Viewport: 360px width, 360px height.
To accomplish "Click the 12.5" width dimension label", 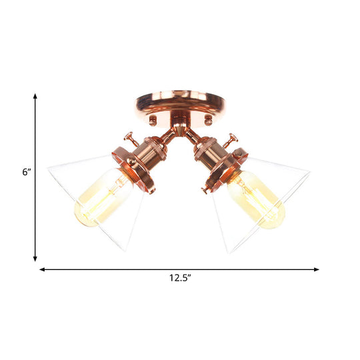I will [x=179, y=279].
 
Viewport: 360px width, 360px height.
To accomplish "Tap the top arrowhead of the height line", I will [x=35, y=97].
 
